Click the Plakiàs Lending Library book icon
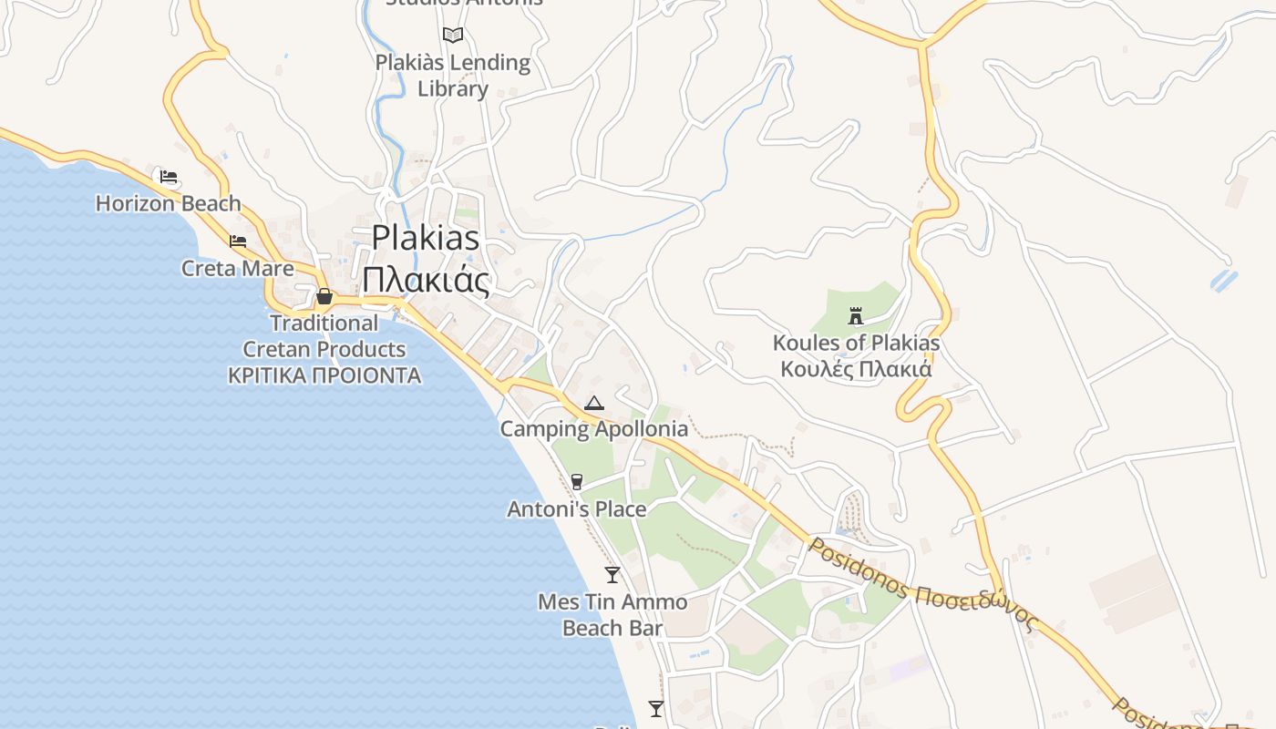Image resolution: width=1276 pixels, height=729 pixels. click(x=453, y=36)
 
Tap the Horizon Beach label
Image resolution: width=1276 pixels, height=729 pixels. click(x=169, y=203)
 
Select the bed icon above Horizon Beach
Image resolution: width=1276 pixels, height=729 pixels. click(x=169, y=177)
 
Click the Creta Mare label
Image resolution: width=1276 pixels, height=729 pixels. click(x=238, y=268)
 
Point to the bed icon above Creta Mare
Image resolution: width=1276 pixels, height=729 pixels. click(x=238, y=241)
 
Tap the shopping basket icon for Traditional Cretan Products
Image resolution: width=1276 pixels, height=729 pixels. click(x=324, y=296)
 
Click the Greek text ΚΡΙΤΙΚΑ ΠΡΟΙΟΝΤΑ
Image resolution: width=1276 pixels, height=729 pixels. click(x=324, y=375)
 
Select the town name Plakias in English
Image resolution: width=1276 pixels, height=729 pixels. click(x=426, y=238)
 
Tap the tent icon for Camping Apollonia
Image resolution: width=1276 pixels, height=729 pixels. click(x=593, y=403)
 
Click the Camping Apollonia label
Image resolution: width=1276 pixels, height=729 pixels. click(x=594, y=428)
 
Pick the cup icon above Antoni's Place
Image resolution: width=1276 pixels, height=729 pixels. click(x=576, y=482)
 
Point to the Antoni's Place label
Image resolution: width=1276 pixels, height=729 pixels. click(x=577, y=508)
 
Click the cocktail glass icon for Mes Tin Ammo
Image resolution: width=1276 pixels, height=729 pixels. click(x=612, y=575)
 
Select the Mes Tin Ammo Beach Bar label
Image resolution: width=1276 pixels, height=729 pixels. click(x=612, y=615)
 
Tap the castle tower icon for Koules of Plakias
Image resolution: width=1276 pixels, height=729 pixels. click(x=856, y=316)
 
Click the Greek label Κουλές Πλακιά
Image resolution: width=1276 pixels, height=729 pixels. click(x=856, y=370)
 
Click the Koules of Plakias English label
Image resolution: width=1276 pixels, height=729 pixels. click(x=856, y=344)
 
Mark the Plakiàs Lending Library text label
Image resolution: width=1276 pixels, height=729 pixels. click(x=453, y=76)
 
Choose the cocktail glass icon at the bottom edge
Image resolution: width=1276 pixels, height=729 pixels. click(x=655, y=708)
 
